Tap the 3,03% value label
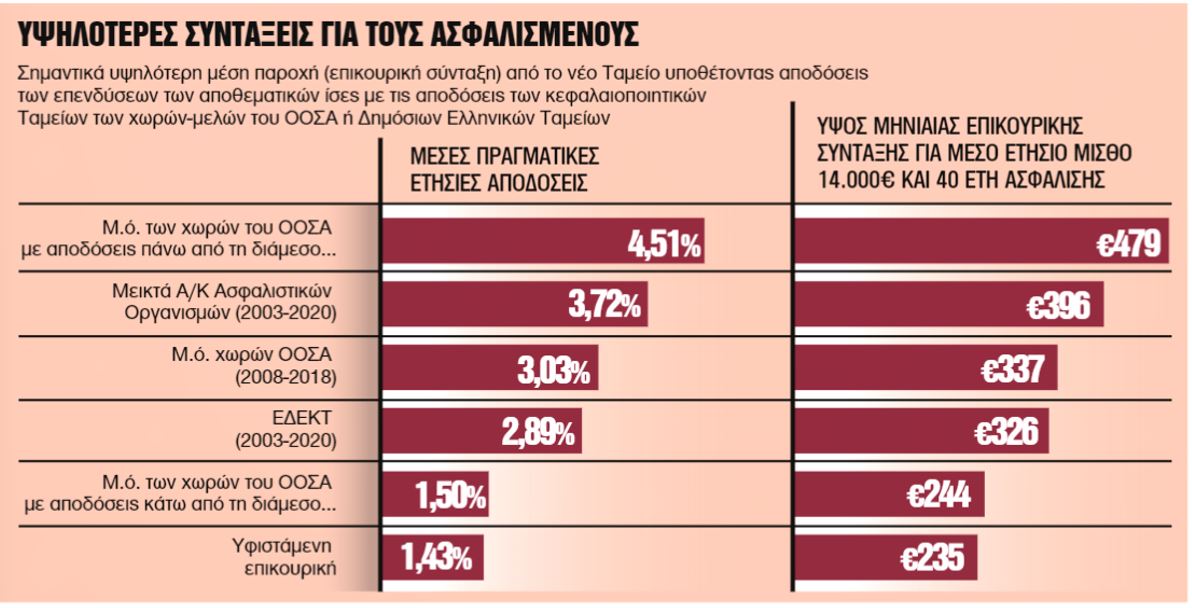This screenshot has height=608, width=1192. coord(553,370)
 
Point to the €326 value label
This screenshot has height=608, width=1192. coord(1006,432)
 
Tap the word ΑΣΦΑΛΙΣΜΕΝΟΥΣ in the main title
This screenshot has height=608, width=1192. coord(537,35)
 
